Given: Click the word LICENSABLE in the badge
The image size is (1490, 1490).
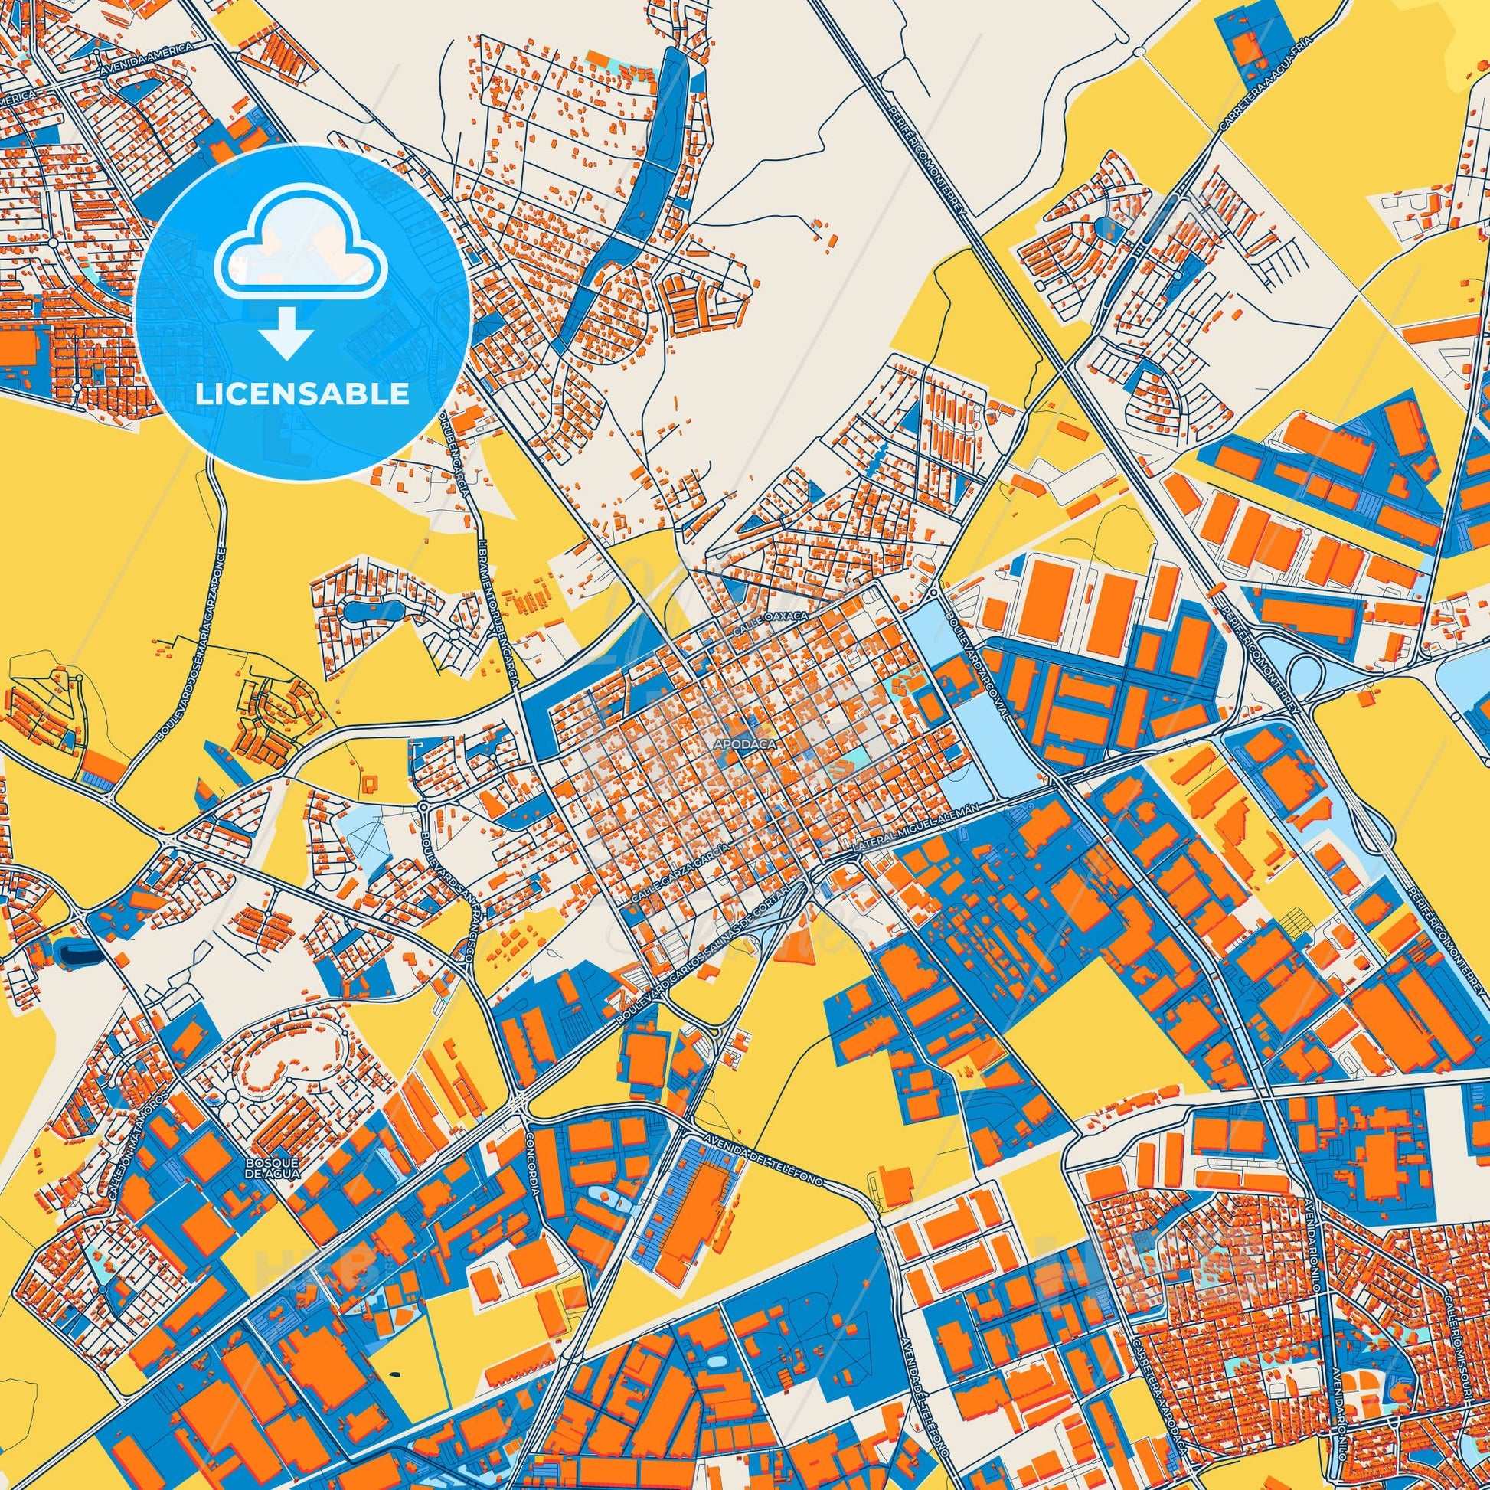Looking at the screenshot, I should coord(302,394).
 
